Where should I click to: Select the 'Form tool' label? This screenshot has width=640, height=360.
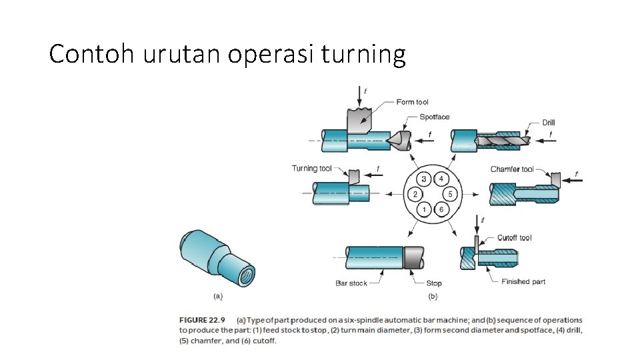[x=412, y=102]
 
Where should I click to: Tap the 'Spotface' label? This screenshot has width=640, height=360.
[x=435, y=117]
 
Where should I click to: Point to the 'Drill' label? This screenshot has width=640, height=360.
[x=548, y=123]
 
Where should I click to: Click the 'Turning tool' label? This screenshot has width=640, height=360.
[x=311, y=168]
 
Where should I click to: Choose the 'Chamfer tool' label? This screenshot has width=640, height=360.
[x=512, y=169]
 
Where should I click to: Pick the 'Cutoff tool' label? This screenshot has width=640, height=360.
[x=515, y=238]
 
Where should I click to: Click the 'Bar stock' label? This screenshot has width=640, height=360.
[x=351, y=283]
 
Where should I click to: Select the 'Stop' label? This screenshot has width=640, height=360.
[x=434, y=283]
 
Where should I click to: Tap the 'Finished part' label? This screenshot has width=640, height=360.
[x=523, y=281]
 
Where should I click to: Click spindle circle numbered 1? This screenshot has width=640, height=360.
[x=423, y=211]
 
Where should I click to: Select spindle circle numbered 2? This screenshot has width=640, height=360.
[x=415, y=195]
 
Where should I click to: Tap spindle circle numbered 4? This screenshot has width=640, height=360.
[x=441, y=179]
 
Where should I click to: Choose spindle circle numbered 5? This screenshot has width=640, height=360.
[x=450, y=195]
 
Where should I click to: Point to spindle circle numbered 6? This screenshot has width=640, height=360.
[x=441, y=211]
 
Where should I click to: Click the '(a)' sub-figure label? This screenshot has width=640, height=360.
[x=217, y=296]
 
